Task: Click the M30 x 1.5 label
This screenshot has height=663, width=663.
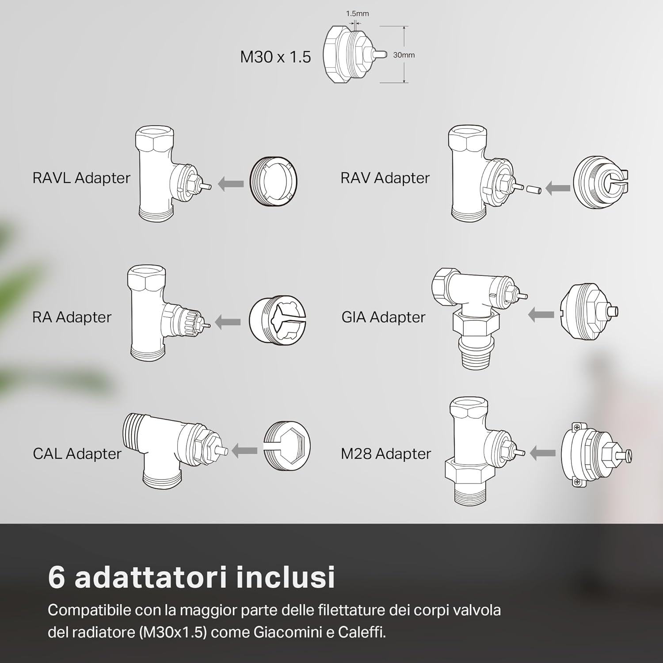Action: click(x=275, y=57)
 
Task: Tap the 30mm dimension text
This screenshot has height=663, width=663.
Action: click(x=404, y=55)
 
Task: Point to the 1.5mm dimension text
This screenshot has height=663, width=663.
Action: click(x=357, y=14)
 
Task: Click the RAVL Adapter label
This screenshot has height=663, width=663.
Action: click(x=81, y=178)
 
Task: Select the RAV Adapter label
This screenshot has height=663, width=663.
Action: click(x=385, y=178)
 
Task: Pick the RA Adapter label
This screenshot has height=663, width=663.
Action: click(x=72, y=317)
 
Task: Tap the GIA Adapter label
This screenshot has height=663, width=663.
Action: click(x=383, y=317)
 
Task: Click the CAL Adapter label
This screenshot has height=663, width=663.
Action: click(x=77, y=453)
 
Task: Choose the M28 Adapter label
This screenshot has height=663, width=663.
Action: click(x=385, y=453)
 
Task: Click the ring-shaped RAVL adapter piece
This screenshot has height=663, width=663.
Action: click(x=274, y=181)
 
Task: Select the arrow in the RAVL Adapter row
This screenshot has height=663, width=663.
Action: click(x=231, y=183)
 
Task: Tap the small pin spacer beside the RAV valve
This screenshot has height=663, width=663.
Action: click(x=533, y=189)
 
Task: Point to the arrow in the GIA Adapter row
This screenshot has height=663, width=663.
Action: click(x=541, y=315)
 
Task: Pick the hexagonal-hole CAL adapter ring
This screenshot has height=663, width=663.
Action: click(x=287, y=446)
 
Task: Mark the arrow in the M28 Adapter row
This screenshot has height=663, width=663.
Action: click(x=542, y=453)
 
